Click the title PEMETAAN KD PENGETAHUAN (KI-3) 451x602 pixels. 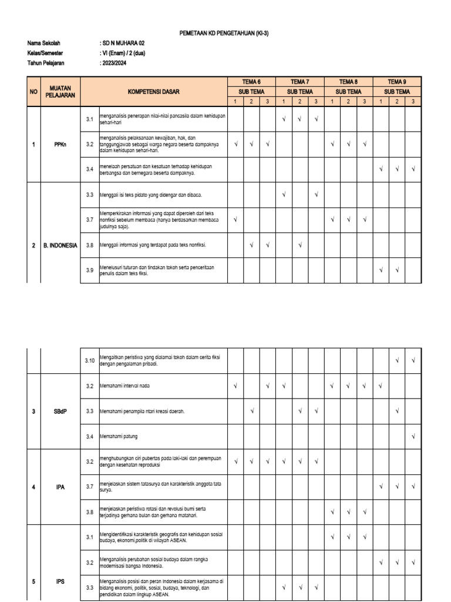(x=225, y=34)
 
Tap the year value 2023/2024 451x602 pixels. (x=116, y=62)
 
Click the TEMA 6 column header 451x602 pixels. (x=251, y=82)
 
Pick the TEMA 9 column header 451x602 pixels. (x=397, y=82)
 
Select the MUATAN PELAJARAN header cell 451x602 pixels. (x=60, y=92)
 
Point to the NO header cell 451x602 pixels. (x=33, y=92)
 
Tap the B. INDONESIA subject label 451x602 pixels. (x=60, y=246)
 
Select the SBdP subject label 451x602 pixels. (x=60, y=412)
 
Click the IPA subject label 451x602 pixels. (x=60, y=487)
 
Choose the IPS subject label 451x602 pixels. (x=60, y=581)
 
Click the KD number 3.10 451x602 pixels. (x=89, y=360)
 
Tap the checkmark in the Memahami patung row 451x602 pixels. (x=413, y=436)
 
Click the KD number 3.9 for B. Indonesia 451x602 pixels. (x=89, y=270)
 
